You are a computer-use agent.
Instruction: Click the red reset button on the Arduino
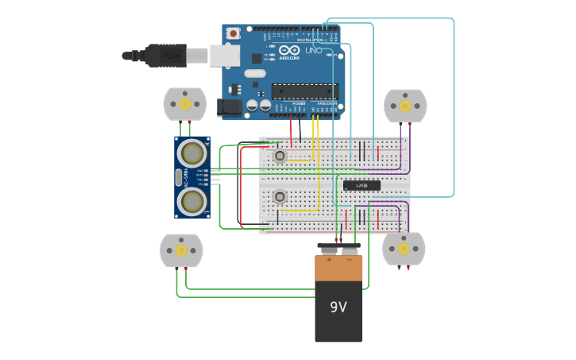coord(233,33)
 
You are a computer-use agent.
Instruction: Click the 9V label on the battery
coord(338,307)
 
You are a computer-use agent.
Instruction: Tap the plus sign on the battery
coord(328,260)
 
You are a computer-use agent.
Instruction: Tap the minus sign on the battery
coord(349,260)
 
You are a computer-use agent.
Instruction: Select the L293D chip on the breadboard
coord(361,185)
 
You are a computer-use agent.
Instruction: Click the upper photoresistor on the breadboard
coord(279,156)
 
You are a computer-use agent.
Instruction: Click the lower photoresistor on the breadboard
coord(279,196)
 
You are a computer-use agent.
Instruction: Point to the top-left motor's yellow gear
coord(185,104)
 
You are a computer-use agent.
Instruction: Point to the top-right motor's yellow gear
coord(405,106)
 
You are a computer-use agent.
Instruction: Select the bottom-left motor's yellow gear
coord(181,250)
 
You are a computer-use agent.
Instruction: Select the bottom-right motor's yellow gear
coord(404,249)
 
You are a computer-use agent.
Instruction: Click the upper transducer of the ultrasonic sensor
coord(192,151)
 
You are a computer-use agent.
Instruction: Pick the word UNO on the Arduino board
coord(314,50)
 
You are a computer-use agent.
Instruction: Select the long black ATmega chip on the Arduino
coord(304,91)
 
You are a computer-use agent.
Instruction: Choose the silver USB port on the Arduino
coord(225,55)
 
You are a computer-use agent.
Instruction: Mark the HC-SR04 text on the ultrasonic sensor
coord(180,176)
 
